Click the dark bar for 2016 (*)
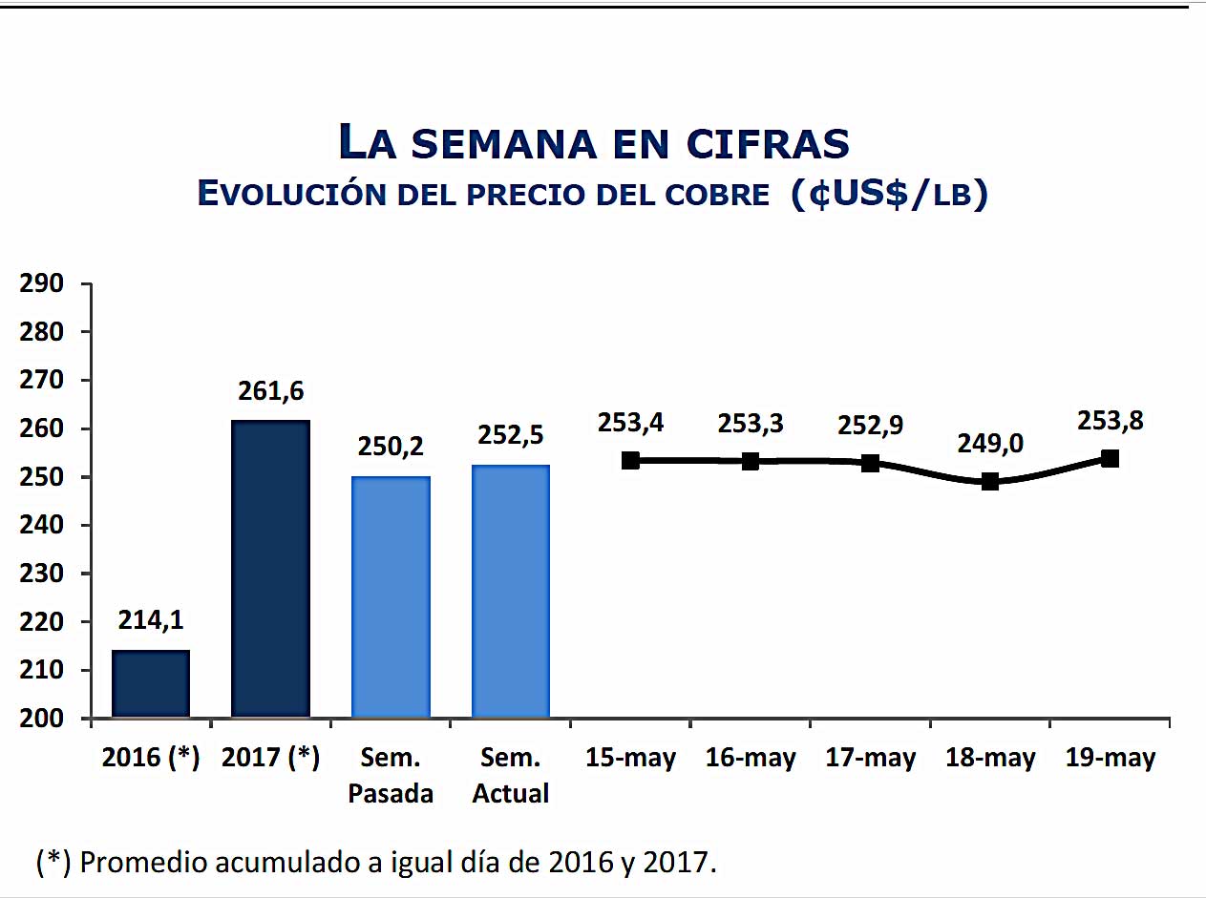pos(151,683)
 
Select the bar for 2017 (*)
pos(270,569)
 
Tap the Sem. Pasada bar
pos(391,596)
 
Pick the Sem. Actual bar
pos(511,591)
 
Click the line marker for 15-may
pos(630,460)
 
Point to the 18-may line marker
pos(990,481)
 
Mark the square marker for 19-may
pos(1110,458)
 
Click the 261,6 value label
pos(270,391)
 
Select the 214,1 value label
pos(151,620)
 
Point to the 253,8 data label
pos(1110,421)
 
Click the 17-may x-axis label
pos(870,759)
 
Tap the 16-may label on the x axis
pos(751,759)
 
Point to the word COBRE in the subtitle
pos(712,195)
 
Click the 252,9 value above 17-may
pos(870,424)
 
